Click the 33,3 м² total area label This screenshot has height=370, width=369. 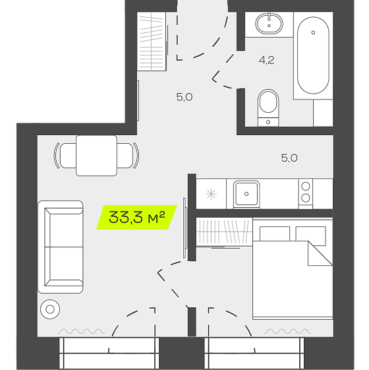pos(137,217)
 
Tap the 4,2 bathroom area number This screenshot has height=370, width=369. pos(266,60)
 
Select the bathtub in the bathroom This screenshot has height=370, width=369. pos(313,55)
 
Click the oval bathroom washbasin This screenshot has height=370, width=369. pos(269,23)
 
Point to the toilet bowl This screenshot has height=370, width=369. pos(268,108)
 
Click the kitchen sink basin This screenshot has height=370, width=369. pos(246,194)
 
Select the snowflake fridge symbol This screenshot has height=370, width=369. pos(211,194)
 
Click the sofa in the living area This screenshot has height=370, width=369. pos(61,247)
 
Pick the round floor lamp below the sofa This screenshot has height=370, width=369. pos(50,309)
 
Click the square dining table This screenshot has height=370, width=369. pos(96,156)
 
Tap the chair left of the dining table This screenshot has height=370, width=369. pos(65,156)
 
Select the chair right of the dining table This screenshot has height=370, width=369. pos(128,156)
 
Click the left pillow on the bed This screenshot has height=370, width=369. pos(275,233)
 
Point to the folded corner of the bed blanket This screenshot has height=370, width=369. pos(320,253)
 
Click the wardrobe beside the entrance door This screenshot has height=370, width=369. pos(152,42)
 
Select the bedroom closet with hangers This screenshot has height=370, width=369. pos(224,231)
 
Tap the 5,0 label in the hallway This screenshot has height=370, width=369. pos(184,97)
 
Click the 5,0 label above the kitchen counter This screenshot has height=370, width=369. pos(289,158)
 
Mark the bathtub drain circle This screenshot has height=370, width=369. pos(313,32)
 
